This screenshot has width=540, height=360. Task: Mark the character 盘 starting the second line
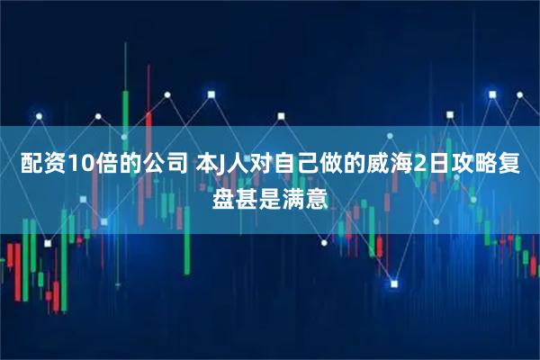coord(223,194)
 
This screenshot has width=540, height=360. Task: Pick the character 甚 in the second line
coord(247,194)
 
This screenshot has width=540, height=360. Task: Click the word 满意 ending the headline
coord(305,194)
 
